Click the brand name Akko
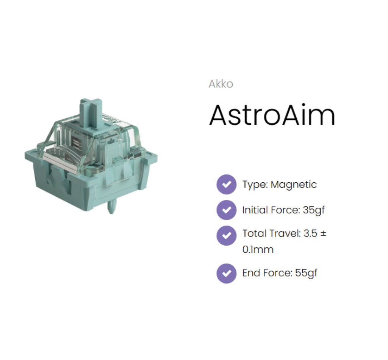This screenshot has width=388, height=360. tap(221, 84)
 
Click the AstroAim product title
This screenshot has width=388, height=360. tap(272, 115)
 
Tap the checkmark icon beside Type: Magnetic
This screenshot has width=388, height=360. tap(226, 185)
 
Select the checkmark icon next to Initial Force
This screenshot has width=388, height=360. tap(226, 210)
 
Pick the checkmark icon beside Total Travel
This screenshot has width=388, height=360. tap(226, 235)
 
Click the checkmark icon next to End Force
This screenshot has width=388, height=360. tap(226, 273)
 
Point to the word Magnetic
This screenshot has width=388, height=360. tap(294, 185)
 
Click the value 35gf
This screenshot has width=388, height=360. tap(314, 210)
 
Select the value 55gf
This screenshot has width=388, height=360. tap(306, 273)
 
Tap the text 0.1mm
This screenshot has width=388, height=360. tap(258, 250)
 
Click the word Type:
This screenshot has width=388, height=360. tap(255, 185)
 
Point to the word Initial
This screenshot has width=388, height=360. tap(254, 210)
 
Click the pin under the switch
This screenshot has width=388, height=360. tap(111, 207)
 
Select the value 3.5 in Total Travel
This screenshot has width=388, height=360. tap(310, 233)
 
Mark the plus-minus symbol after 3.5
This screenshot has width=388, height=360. tap(323, 233)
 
